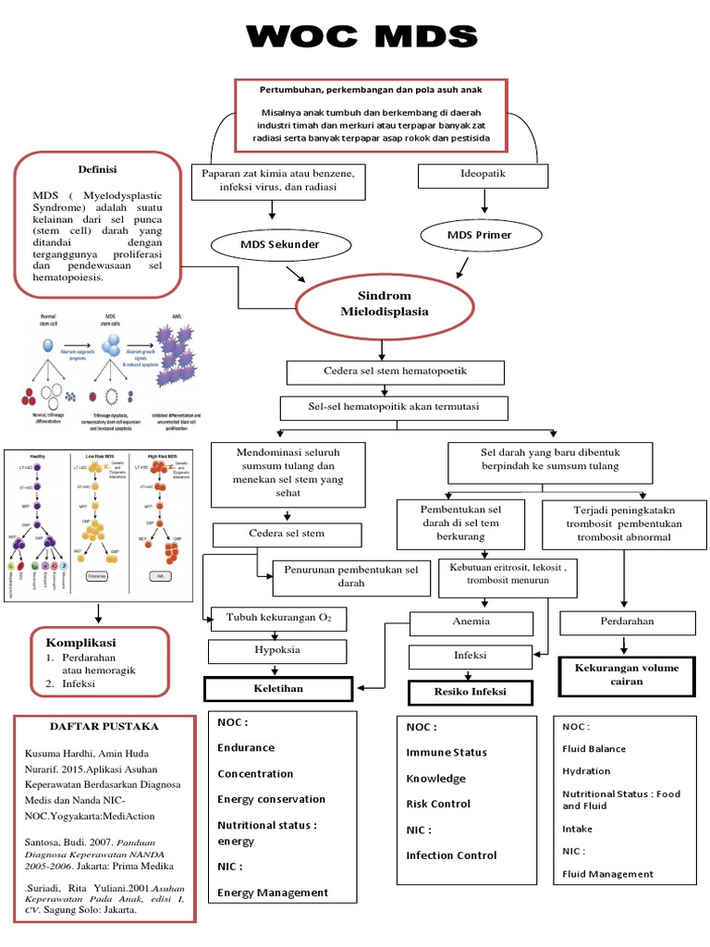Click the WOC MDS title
(361, 37)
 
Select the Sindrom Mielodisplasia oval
(385, 302)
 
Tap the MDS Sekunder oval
(282, 244)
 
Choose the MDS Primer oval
(479, 235)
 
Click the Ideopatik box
(483, 174)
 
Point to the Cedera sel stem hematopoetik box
(396, 372)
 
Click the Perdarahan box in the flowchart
(628, 622)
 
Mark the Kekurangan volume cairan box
(626, 674)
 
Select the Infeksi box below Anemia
(470, 656)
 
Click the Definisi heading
(97, 170)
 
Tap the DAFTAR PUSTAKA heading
(104, 726)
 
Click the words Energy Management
(273, 892)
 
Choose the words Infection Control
(451, 855)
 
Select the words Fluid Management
(607, 874)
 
